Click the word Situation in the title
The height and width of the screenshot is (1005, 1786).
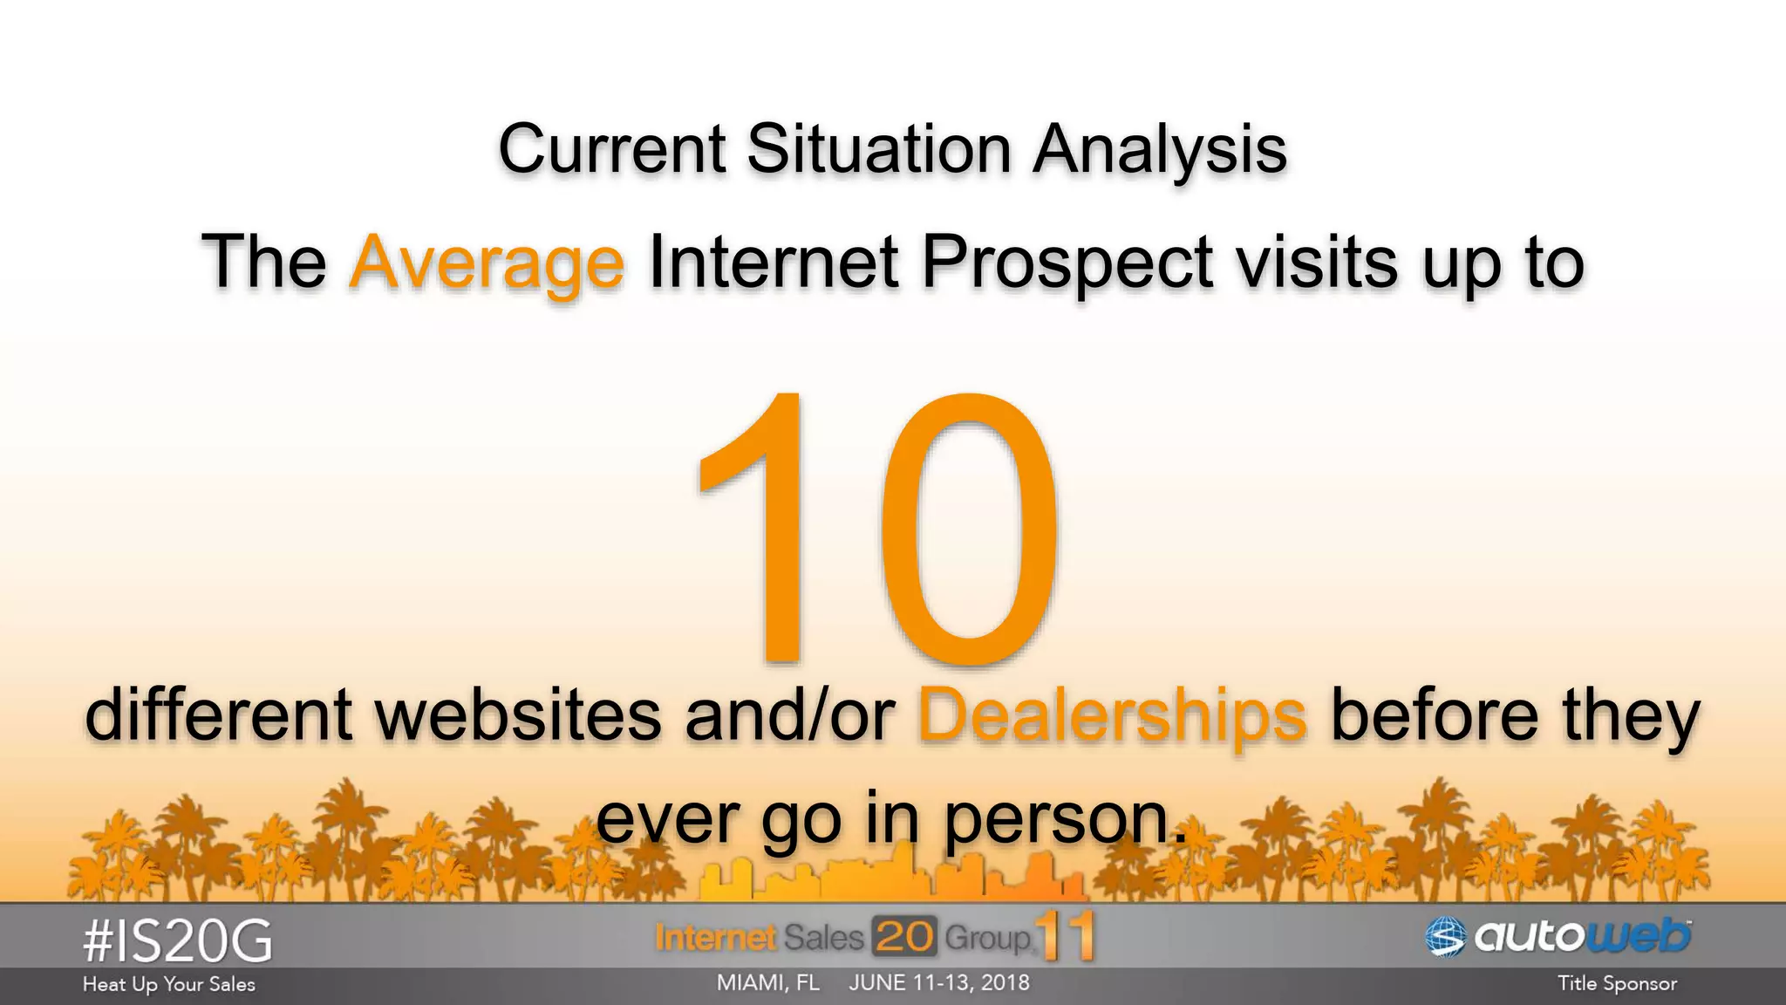[x=878, y=148]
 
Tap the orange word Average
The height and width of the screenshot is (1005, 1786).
[x=487, y=262]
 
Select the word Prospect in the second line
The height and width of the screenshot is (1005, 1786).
[x=1067, y=262]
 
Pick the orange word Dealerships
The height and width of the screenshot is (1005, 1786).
[x=1112, y=715]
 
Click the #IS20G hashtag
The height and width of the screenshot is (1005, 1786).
[x=177, y=941]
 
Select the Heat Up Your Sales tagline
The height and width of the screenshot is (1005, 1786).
[x=169, y=984]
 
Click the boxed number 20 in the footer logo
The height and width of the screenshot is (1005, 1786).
[x=903, y=937]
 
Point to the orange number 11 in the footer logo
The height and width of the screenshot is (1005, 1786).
[x=1066, y=936]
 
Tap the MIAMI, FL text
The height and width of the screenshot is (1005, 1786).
[x=767, y=983]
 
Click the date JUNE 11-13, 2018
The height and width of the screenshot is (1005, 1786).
[x=939, y=983]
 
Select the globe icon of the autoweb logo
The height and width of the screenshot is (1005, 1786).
[x=1445, y=937]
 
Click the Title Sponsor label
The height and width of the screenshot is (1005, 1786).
[x=1617, y=984]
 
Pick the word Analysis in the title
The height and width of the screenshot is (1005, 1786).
[x=1160, y=148]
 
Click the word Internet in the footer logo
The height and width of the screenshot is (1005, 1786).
[x=715, y=938]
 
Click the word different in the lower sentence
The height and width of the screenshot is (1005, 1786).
[x=218, y=715]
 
